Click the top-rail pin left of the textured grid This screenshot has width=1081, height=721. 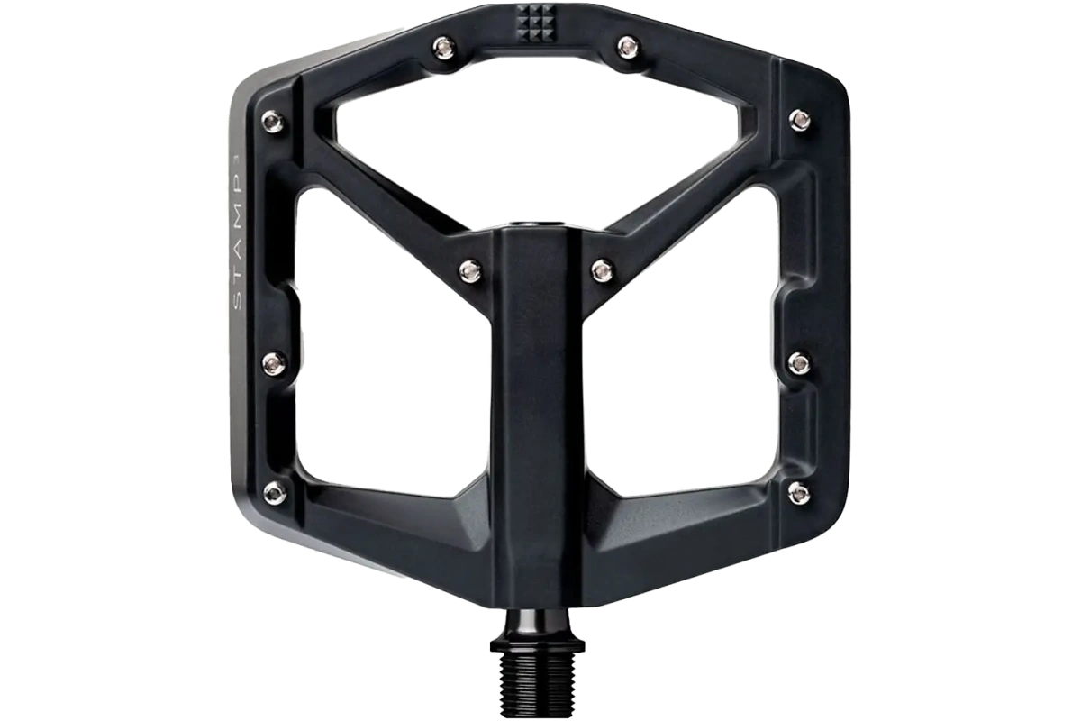(x=443, y=48)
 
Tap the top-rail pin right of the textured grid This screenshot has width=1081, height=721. (x=628, y=48)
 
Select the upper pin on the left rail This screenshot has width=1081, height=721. (x=273, y=121)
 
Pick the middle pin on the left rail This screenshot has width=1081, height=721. (x=275, y=362)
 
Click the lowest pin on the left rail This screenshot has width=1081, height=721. (x=276, y=491)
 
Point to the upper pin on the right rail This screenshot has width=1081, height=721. (x=800, y=120)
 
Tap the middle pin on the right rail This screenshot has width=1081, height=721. (x=800, y=362)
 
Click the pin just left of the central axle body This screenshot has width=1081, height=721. (x=470, y=270)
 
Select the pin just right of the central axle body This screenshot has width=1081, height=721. (x=603, y=270)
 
